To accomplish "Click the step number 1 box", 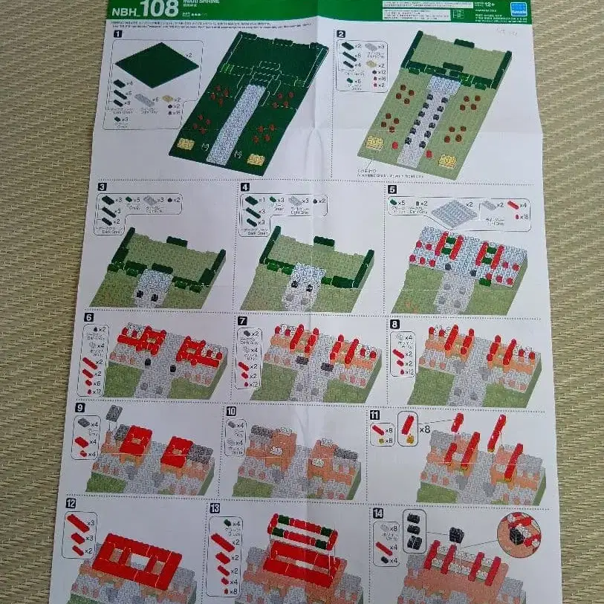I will click(118, 34).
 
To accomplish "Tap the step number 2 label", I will click(341, 34).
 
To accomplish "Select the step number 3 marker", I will click(102, 187).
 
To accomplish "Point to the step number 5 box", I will click(392, 189).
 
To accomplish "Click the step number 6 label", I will click(88, 317).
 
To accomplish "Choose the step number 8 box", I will click(394, 324).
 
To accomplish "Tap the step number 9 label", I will click(79, 407).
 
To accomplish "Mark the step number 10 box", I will click(231, 411).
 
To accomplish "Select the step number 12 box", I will click(71, 504).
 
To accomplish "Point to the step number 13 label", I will click(215, 508).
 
